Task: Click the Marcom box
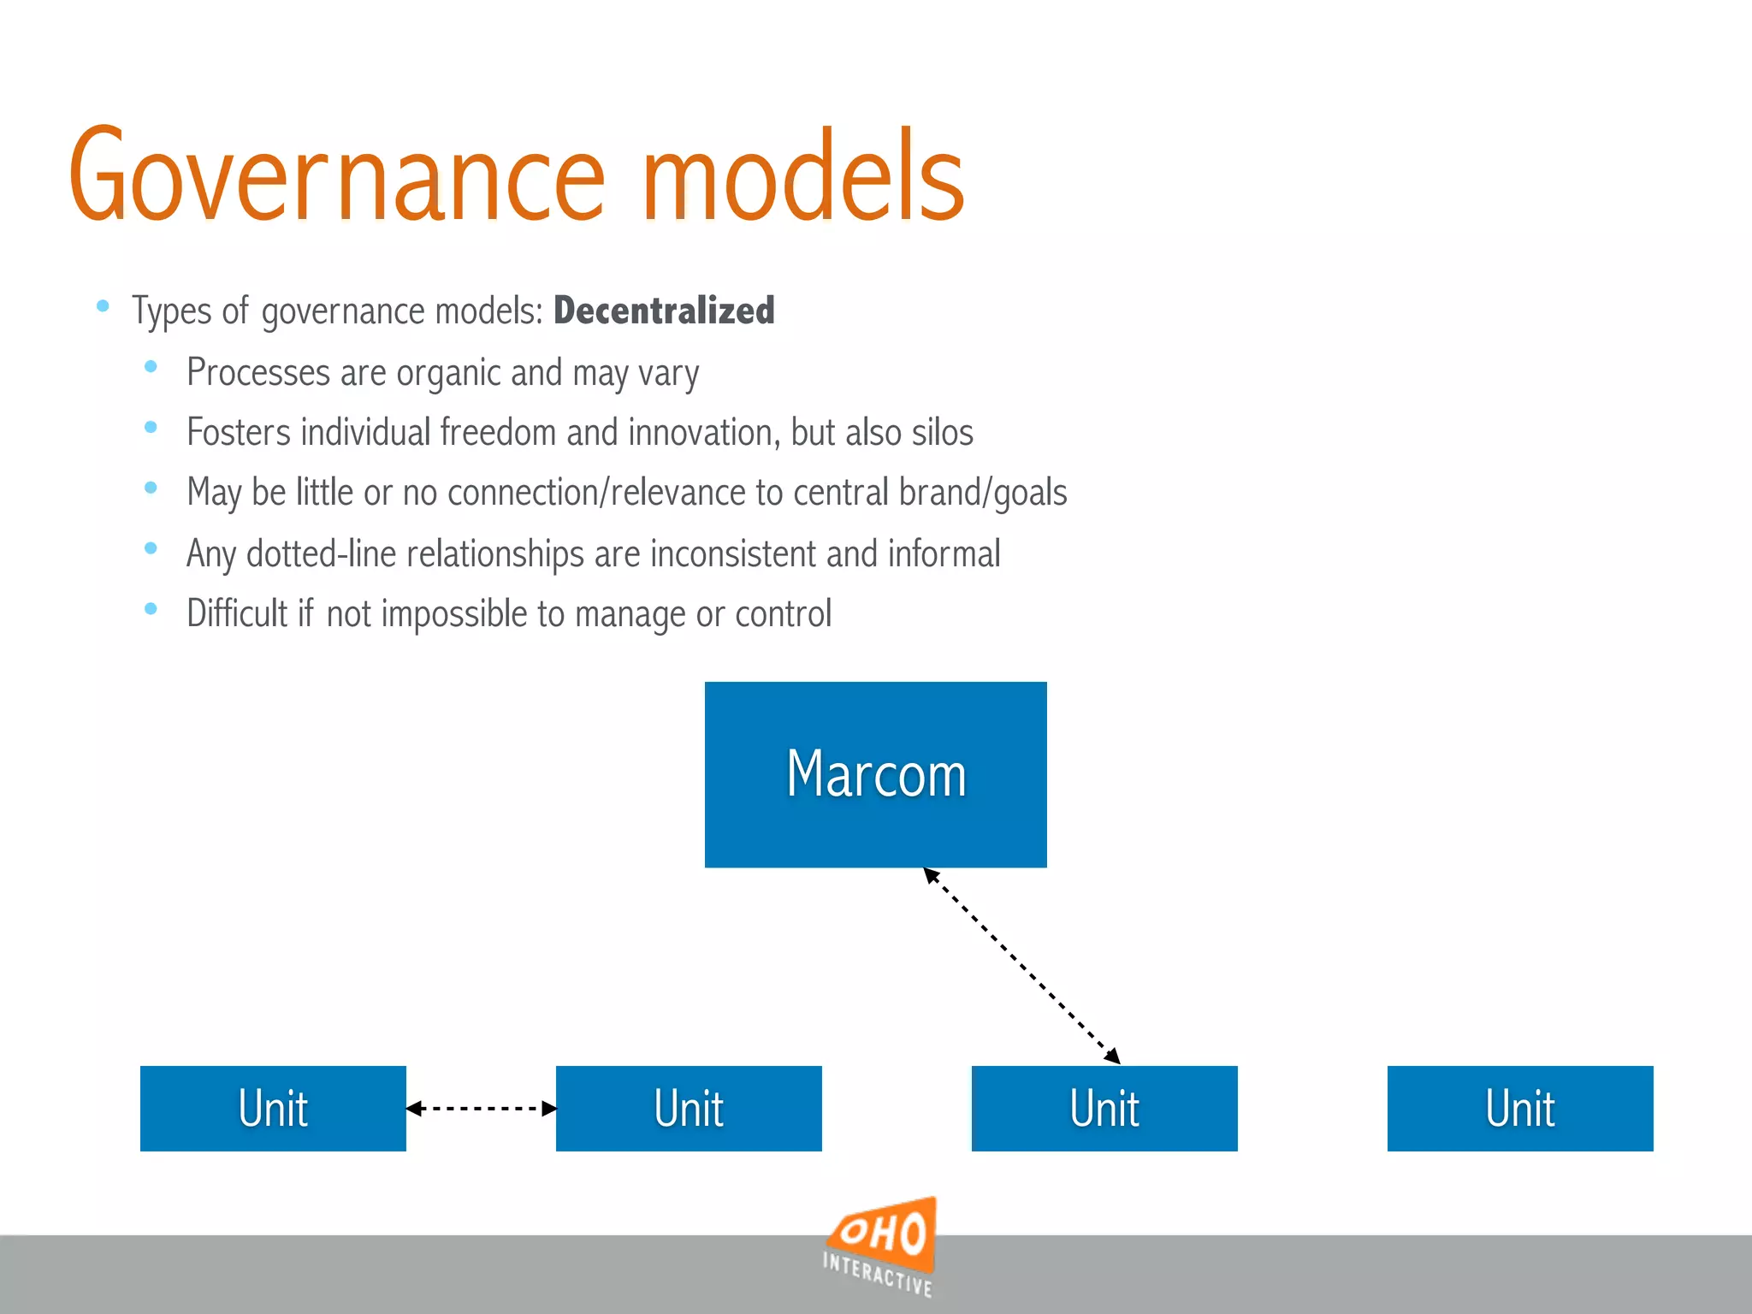[x=875, y=774]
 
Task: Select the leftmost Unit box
[x=273, y=1108]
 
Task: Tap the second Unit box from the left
[x=689, y=1108]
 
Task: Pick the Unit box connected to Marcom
[x=1104, y=1108]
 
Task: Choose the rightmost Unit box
[x=1520, y=1108]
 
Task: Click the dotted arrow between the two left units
[x=481, y=1109]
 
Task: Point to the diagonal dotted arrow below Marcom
[x=1021, y=966]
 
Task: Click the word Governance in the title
[x=337, y=175]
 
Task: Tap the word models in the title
[x=802, y=175]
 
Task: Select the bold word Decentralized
[x=664, y=311]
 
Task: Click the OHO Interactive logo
[x=880, y=1246]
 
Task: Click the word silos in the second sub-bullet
[x=942, y=432]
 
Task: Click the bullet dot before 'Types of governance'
[x=103, y=305]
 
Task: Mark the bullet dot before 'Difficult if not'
[x=151, y=609]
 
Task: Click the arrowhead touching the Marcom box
[x=931, y=875]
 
